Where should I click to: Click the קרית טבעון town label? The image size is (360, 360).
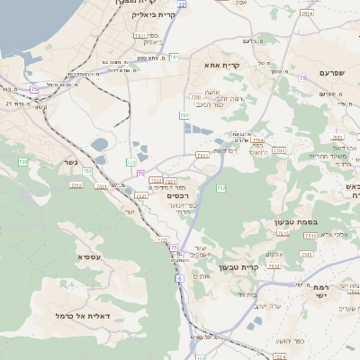click(x=264, y=266)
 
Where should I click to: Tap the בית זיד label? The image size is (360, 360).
click(x=249, y=294)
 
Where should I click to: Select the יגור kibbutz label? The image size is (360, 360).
click(x=130, y=211)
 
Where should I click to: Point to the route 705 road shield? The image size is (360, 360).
click(x=184, y=115)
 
